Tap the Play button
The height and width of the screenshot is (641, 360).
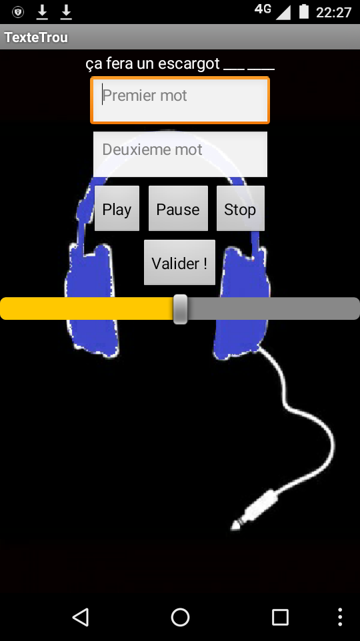coord(117,208)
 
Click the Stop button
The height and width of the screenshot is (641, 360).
coord(241,208)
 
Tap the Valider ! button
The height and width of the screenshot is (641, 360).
coord(179,262)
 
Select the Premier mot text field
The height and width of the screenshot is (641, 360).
coord(180,100)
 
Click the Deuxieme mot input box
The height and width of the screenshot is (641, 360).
coord(180,154)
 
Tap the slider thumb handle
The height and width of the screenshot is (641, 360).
coord(181,309)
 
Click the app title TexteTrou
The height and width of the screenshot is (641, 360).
coord(36,37)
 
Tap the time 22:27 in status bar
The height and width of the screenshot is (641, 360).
coord(333,12)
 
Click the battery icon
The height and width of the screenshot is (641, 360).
coord(304,11)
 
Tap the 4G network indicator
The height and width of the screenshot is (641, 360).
coord(263,9)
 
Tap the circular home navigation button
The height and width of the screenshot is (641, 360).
coord(180,617)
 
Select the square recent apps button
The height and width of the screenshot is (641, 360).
coord(281,617)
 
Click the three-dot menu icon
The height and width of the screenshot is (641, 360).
coord(340,617)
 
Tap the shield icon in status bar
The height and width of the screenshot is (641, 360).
coord(18,12)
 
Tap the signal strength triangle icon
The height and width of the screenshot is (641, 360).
coord(283,12)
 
